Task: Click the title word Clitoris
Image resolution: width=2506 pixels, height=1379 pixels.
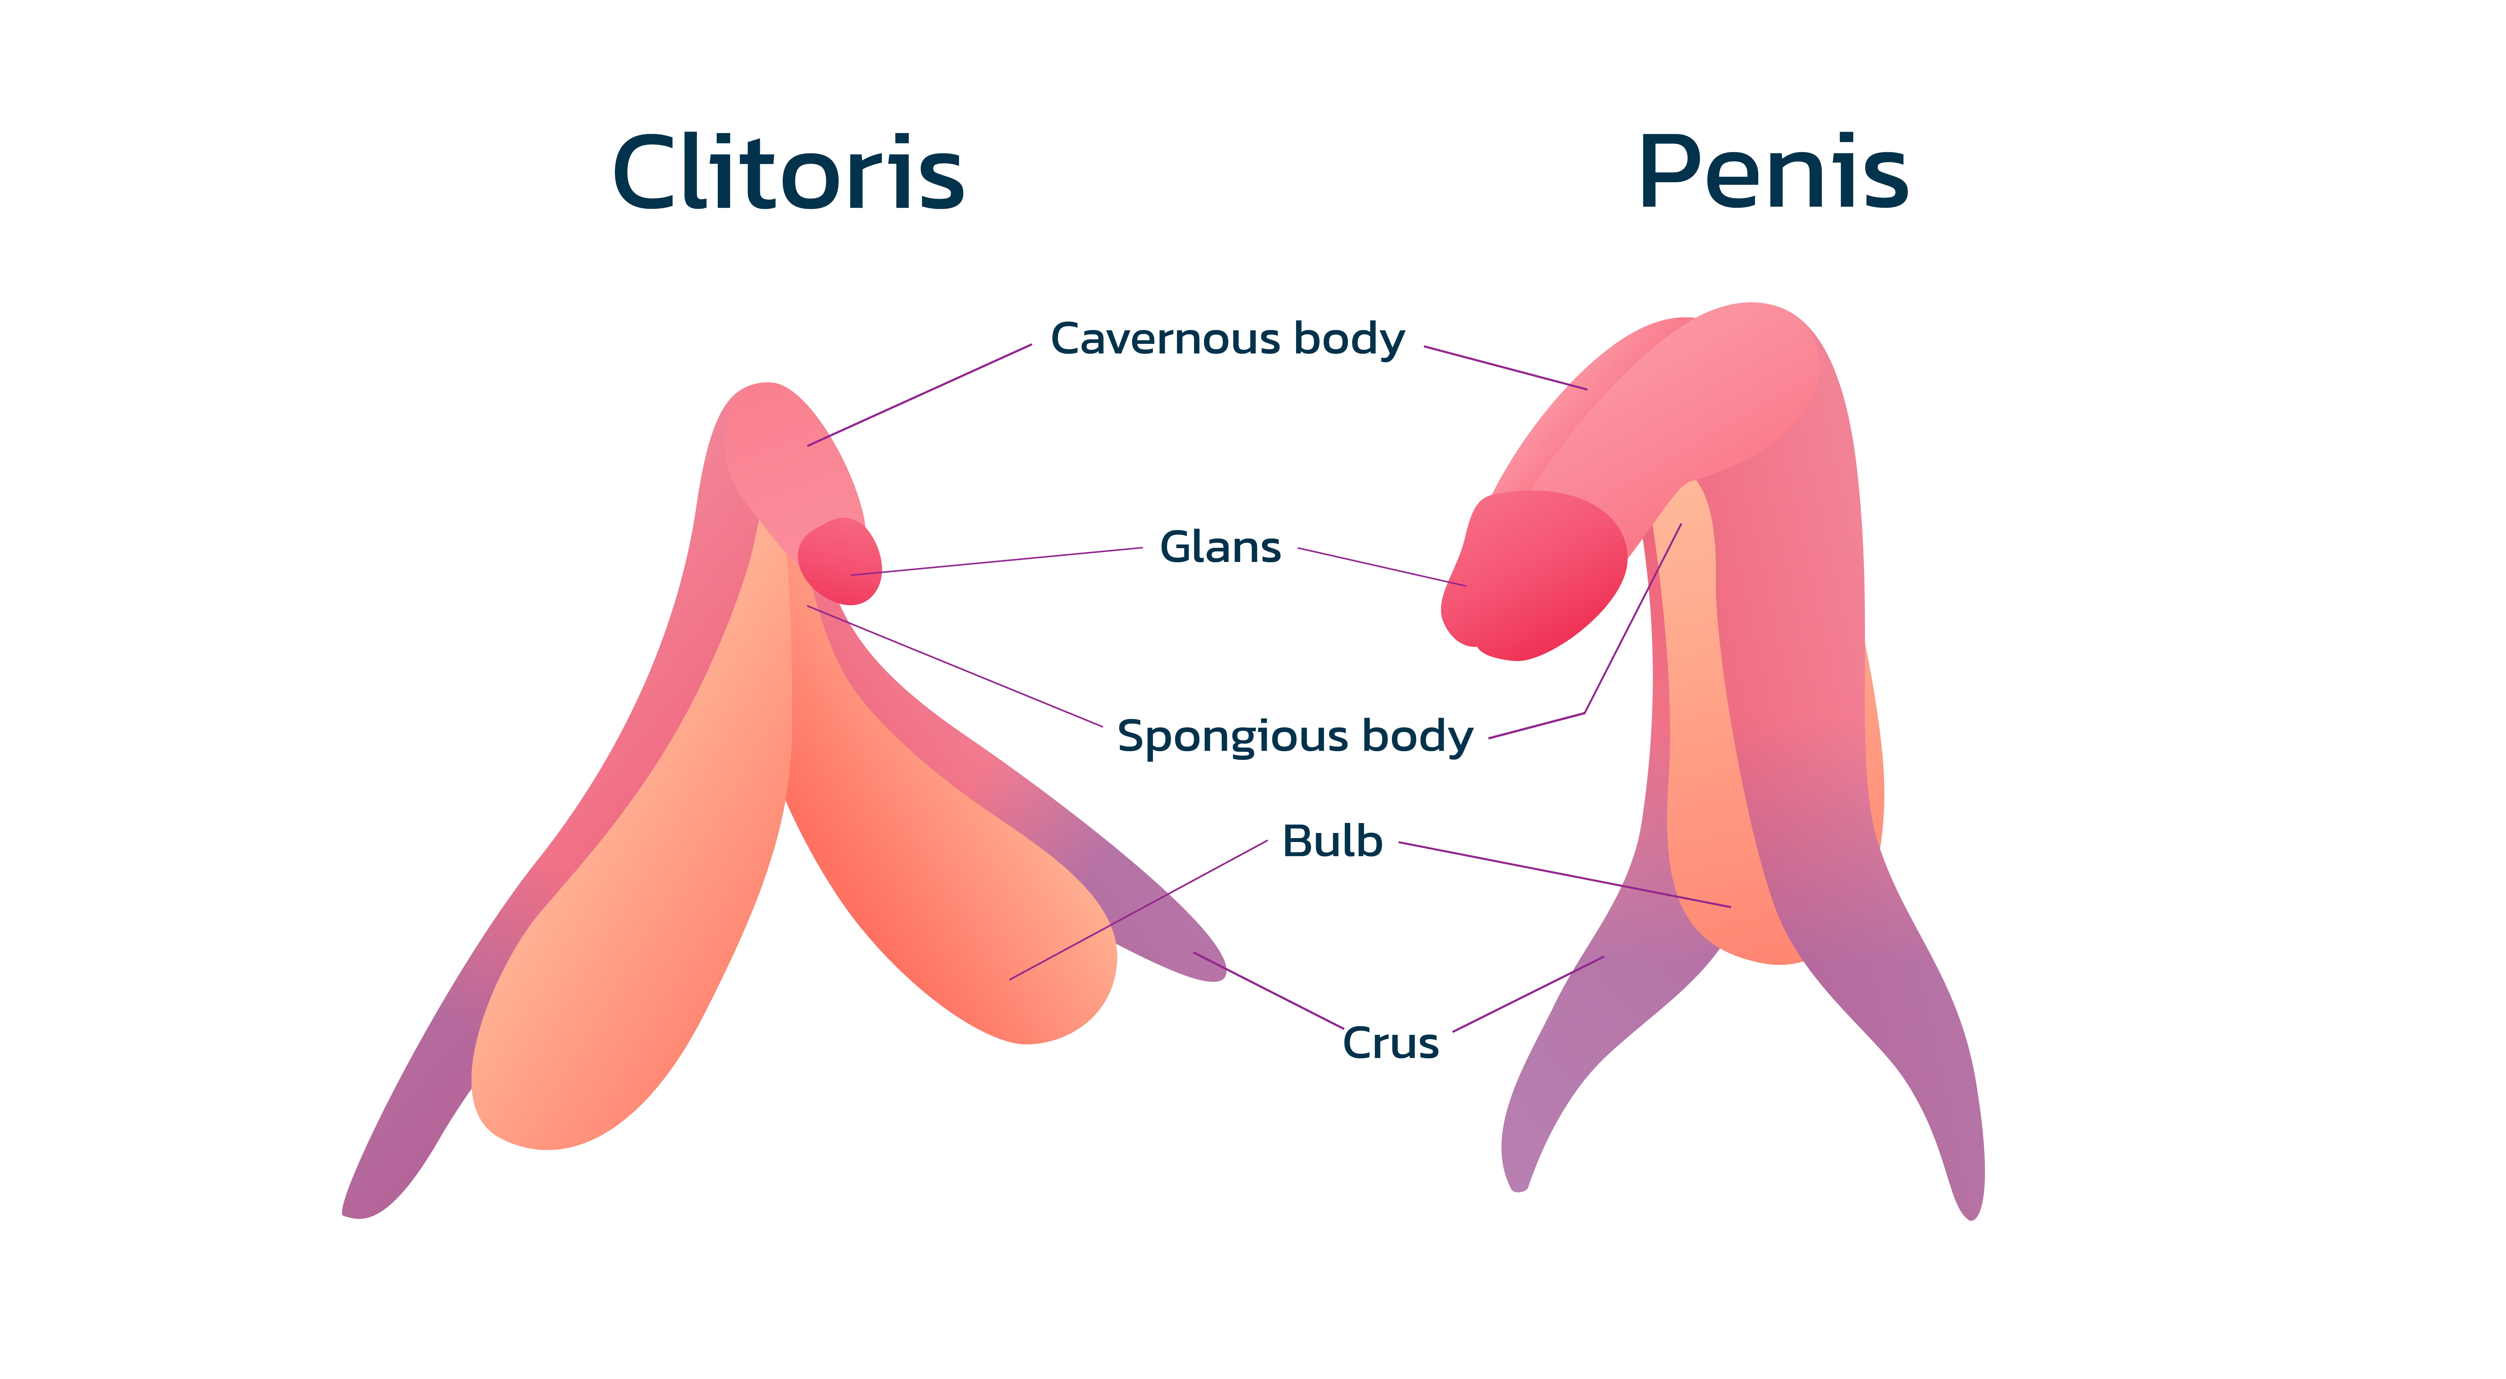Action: pos(788,172)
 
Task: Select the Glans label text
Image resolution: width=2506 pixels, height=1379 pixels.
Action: pos(1220,547)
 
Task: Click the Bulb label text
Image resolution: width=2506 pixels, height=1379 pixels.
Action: pos(1332,841)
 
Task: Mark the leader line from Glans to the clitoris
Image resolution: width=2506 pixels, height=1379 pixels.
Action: pos(996,562)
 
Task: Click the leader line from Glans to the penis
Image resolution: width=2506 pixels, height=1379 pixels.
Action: pos(1381,567)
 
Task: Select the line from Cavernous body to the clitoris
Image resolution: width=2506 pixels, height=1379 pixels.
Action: pos(919,395)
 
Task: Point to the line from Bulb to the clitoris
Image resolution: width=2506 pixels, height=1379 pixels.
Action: pos(1138,910)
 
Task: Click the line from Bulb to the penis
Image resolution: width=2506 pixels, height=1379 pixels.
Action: pos(1564,875)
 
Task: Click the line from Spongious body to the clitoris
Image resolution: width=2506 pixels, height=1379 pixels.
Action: pos(954,666)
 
